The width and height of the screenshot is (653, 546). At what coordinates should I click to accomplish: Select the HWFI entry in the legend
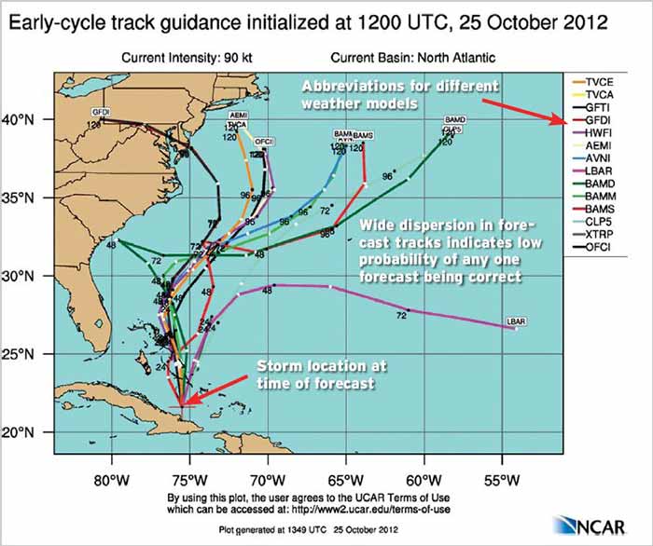[x=598, y=133]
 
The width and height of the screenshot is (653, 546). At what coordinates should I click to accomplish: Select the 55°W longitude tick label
[x=502, y=481]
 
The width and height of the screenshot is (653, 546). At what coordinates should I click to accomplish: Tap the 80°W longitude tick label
[x=111, y=481]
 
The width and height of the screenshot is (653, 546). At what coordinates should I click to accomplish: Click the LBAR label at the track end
[x=516, y=321]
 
